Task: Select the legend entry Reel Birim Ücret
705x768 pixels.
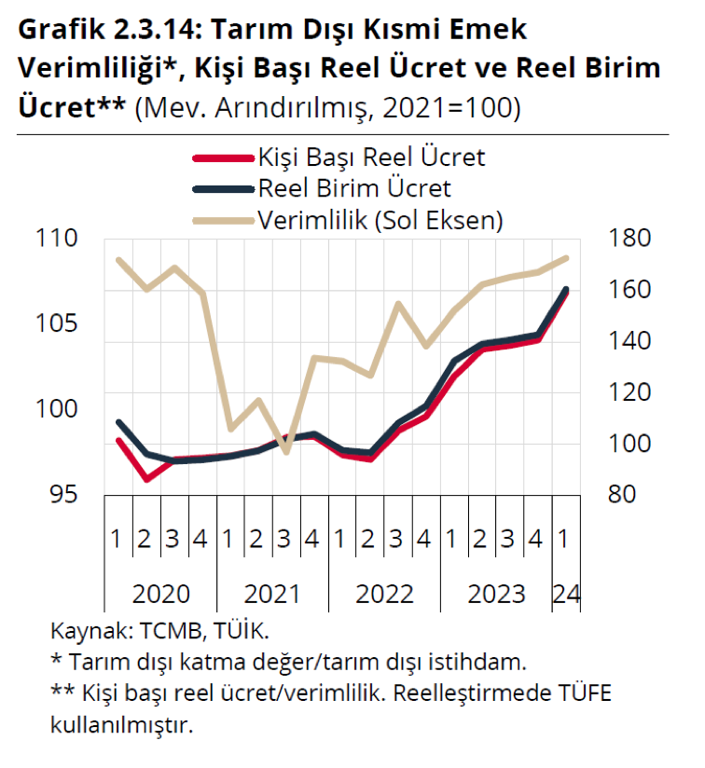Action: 353,188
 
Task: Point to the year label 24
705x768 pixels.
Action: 566,594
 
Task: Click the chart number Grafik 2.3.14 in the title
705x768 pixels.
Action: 104,29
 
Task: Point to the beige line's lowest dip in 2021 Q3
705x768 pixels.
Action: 286,453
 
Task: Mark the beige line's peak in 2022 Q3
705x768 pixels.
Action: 398,304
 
